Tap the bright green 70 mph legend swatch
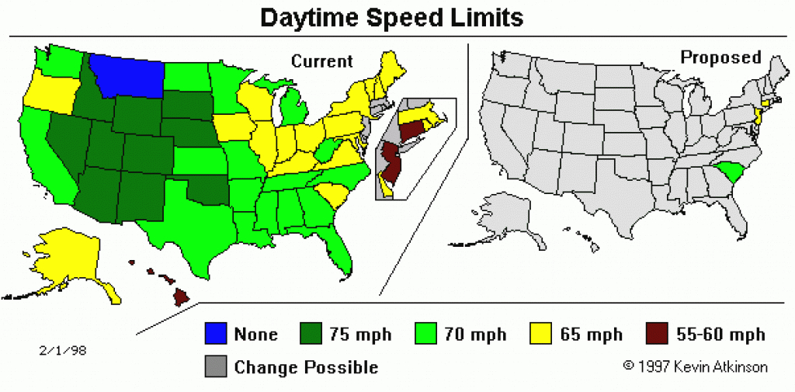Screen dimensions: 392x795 click(426, 334)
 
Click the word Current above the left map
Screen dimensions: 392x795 click(321, 61)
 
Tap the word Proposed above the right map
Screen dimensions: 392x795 click(720, 57)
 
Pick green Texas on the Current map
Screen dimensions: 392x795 click(198, 225)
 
